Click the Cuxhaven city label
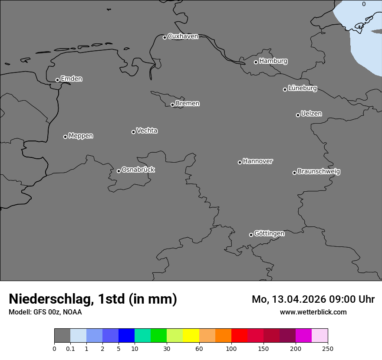point(183,36)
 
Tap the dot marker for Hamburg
point(256,62)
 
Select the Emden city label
point(71,79)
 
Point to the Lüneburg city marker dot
point(285,89)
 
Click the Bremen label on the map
point(188,104)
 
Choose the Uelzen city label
point(311,114)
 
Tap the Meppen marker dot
point(65,137)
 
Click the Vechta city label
point(147,131)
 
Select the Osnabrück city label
point(138,170)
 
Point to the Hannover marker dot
point(240,162)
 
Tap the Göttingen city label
point(269,234)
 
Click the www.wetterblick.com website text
point(313,312)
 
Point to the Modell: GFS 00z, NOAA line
point(45,312)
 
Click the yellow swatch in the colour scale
point(191,336)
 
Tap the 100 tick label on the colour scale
point(231,348)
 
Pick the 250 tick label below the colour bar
point(328,348)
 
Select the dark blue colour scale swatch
point(126,336)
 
